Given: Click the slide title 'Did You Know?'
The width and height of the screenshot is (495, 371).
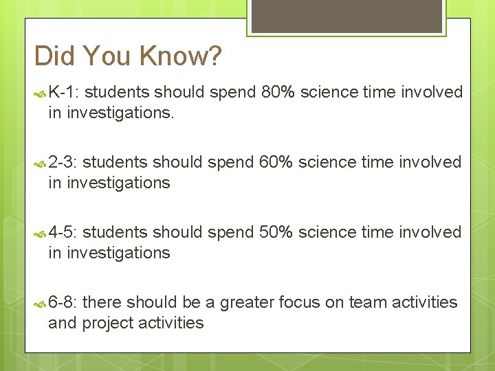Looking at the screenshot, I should point(128,56).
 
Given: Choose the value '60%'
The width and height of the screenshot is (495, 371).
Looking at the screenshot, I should point(276,162).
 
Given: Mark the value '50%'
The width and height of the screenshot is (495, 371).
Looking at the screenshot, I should point(276,232).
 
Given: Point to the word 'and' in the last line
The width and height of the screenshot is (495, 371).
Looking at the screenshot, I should point(63,323).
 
